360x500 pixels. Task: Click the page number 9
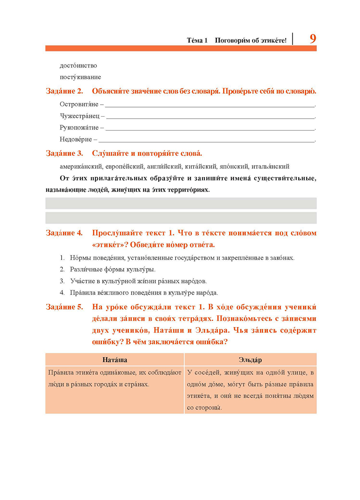[x=312, y=39]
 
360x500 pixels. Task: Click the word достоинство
[x=78, y=66]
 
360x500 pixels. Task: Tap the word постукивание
[x=80, y=77]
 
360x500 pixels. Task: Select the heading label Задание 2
[x=64, y=92]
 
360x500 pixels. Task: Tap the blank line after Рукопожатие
[x=210, y=129]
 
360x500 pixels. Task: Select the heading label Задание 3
[x=64, y=153]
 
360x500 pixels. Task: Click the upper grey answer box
[x=181, y=203]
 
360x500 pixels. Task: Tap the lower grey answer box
[x=181, y=218]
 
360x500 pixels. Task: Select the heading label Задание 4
[x=64, y=233]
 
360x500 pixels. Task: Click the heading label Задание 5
[x=64, y=307]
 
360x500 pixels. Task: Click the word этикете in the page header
[x=274, y=41]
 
